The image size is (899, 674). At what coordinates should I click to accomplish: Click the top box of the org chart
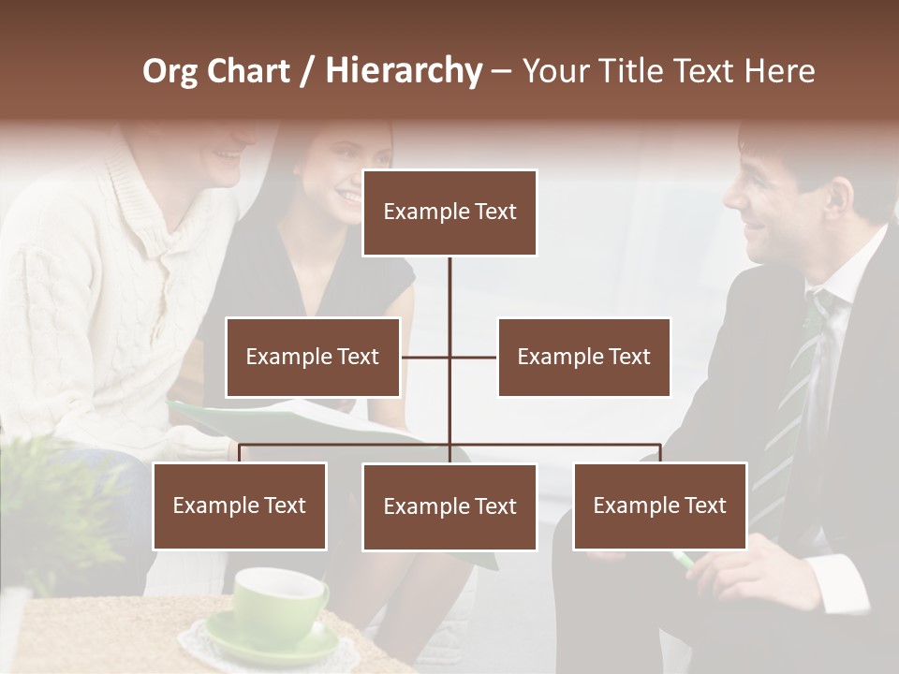(449, 212)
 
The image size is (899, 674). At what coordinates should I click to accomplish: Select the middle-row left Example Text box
(313, 357)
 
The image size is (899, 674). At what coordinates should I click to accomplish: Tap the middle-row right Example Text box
(583, 357)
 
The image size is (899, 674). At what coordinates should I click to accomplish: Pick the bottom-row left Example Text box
(240, 505)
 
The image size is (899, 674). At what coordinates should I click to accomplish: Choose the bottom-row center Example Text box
(449, 506)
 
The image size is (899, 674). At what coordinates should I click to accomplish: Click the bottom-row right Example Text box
(659, 505)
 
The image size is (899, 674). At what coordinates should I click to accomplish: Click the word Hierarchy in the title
(404, 70)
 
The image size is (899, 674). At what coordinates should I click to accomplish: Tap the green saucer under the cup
(272, 644)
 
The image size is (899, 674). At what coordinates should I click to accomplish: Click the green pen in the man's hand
(684, 561)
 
